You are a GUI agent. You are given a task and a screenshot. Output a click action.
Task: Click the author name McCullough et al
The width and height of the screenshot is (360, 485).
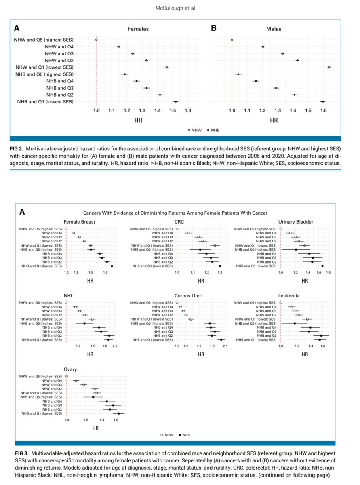[172, 8]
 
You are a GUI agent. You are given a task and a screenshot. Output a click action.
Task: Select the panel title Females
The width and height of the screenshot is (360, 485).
[138, 29]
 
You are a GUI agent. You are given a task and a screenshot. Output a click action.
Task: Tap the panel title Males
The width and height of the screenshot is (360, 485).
[274, 29]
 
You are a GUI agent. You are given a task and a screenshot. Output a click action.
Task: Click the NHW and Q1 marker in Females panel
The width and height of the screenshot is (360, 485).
[167, 67]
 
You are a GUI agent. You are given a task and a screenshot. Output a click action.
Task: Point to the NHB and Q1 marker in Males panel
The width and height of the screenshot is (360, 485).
[322, 102]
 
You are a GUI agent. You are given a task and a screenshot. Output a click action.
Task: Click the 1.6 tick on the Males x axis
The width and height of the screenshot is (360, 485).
[323, 110]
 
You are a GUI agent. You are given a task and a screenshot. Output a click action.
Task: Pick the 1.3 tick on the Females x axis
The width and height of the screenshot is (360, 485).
[142, 110]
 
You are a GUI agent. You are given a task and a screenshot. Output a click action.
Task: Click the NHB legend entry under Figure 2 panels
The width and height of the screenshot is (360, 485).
[215, 130]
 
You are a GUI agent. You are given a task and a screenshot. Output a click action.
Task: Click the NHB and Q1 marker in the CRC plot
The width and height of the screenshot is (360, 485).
[220, 266]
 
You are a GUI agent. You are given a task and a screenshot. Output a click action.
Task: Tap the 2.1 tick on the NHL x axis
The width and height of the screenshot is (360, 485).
[114, 346]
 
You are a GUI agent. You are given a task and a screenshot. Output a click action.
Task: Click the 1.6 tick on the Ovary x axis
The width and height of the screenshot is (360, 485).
[116, 420]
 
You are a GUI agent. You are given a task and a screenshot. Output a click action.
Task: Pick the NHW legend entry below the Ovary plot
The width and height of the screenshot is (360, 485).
[167, 435]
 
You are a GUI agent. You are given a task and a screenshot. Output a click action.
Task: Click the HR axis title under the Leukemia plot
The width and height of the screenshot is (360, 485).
[305, 354]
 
